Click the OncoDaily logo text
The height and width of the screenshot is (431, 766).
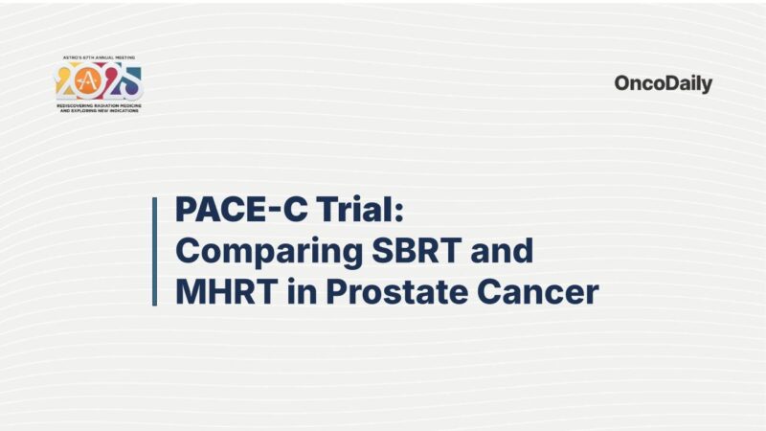coord(663,83)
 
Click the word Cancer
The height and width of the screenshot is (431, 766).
coord(540,291)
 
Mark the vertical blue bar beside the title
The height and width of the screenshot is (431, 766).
coord(154,251)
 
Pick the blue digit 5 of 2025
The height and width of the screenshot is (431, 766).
coord(131,84)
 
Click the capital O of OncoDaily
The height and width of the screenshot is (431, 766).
coord(623,83)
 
